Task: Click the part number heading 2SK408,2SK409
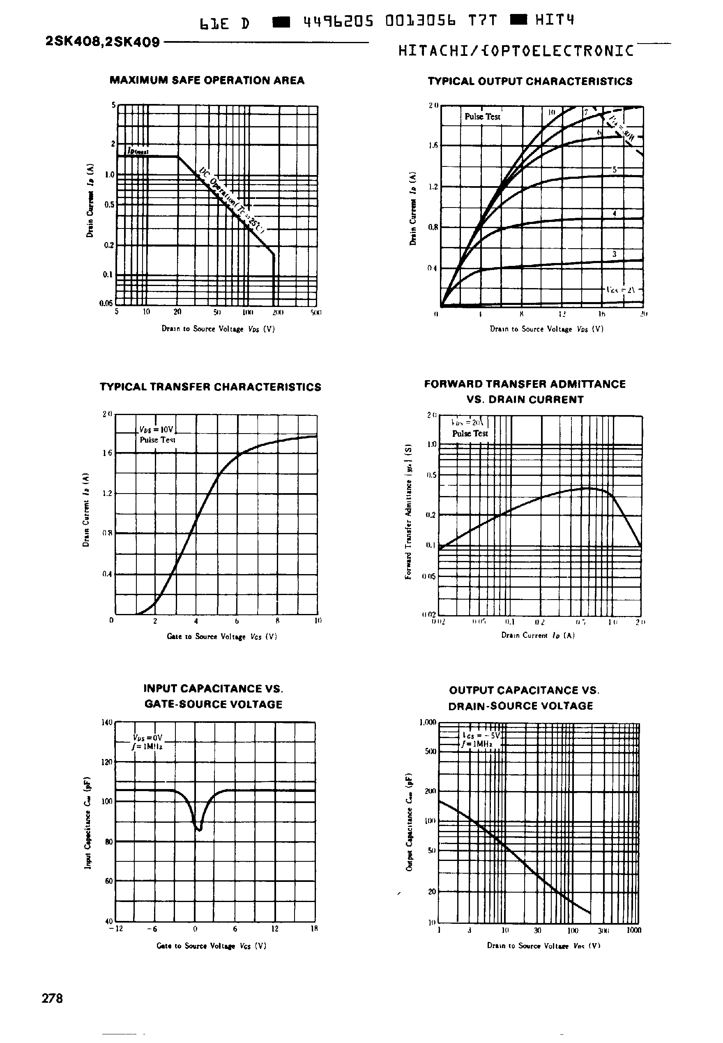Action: (103, 43)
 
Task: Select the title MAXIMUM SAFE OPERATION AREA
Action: (207, 81)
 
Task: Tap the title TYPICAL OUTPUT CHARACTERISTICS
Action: (530, 81)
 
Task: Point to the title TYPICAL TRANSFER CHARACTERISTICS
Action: (210, 387)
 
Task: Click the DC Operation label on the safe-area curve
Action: (231, 199)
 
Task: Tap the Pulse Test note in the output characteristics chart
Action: (482, 117)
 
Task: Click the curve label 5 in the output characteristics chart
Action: (615, 170)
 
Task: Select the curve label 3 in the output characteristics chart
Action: (614, 254)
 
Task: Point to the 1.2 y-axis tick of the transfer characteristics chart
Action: (107, 494)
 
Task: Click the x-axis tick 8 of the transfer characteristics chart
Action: (277, 621)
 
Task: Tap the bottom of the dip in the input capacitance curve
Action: (199, 830)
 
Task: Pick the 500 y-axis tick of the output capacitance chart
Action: (431, 752)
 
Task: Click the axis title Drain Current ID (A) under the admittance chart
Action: (538, 635)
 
